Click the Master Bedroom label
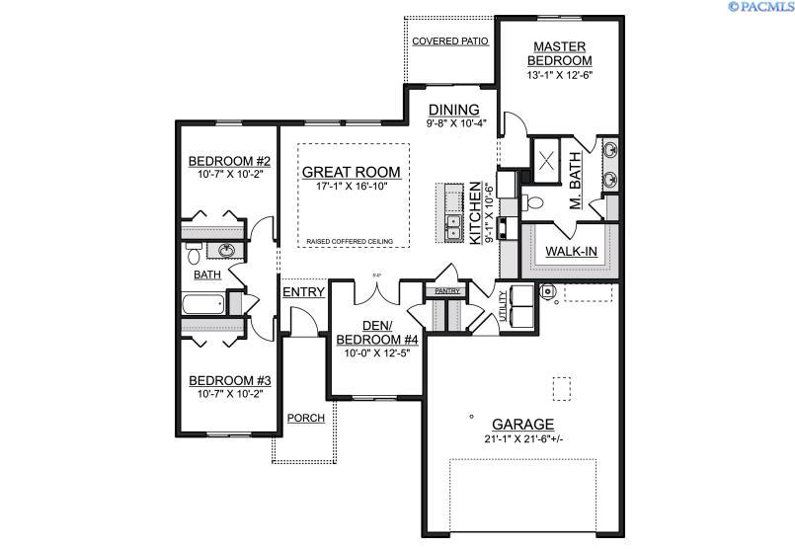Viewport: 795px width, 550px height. (x=560, y=53)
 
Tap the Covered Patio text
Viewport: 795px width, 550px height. (x=449, y=41)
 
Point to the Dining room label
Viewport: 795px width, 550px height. (x=453, y=110)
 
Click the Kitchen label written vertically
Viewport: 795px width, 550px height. (x=475, y=212)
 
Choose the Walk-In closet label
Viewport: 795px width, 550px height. (x=572, y=252)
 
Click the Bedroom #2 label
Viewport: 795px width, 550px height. (x=223, y=161)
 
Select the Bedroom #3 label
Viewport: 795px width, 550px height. (x=223, y=380)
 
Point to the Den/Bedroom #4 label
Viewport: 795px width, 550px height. (x=378, y=333)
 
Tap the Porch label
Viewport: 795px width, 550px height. (x=305, y=418)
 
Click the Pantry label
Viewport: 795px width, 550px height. (x=441, y=291)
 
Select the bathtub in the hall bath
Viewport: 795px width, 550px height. (x=204, y=302)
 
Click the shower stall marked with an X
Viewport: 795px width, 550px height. (x=545, y=157)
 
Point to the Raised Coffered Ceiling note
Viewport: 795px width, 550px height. (x=350, y=242)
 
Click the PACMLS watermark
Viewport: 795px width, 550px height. (x=761, y=7)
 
